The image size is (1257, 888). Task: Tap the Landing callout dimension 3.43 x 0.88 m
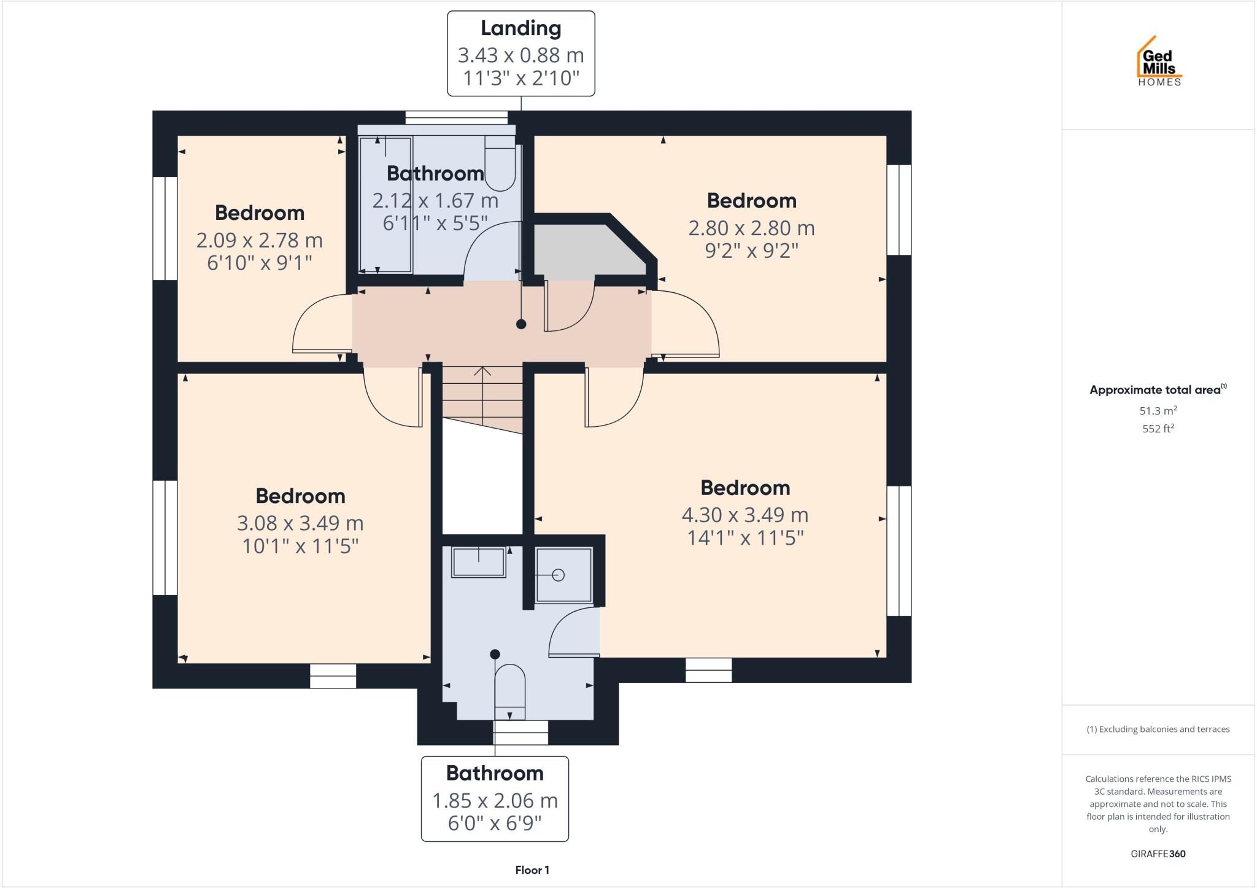[x=520, y=55]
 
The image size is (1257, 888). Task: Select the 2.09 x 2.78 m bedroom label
[x=259, y=240]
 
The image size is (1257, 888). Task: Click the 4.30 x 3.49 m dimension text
[x=745, y=515]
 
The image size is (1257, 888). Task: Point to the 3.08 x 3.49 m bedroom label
[x=300, y=523]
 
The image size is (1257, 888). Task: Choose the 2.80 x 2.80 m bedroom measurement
[x=751, y=228]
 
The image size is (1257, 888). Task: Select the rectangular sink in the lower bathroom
[x=478, y=562]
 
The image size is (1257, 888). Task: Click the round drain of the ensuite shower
[x=558, y=575]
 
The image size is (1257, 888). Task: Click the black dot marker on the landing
[x=521, y=324]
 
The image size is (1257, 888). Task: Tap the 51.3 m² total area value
[x=1158, y=411]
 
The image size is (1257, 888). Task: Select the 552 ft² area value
[x=1158, y=429]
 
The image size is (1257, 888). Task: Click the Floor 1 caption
[x=532, y=870]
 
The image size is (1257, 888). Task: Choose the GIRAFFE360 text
[x=1158, y=854]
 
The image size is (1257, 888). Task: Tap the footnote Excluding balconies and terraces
[x=1158, y=730]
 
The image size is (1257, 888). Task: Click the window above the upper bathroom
[x=456, y=117]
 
